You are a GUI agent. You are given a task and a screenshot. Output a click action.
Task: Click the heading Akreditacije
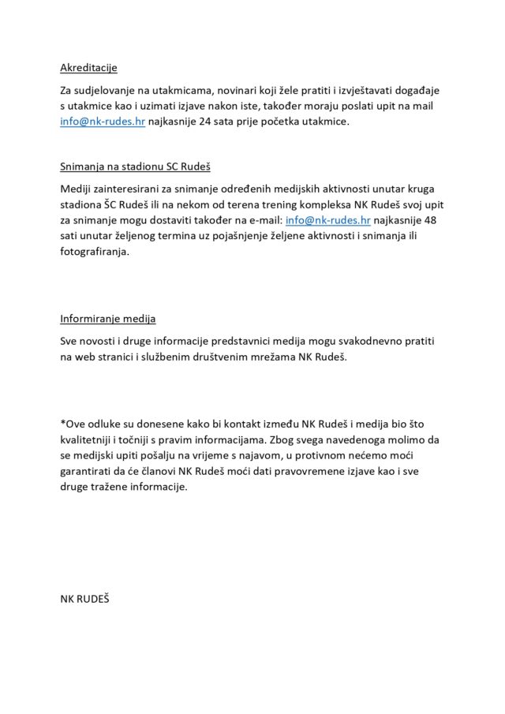coord(88,68)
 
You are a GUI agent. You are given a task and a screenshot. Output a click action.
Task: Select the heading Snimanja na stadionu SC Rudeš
coord(135,167)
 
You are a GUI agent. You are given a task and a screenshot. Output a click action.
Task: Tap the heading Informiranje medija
coord(108,319)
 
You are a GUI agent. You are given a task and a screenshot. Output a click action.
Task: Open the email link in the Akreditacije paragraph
coord(103,122)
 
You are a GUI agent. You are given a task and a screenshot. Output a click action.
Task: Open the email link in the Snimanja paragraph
coord(327,220)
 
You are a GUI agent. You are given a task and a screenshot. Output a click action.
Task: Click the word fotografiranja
coord(93,252)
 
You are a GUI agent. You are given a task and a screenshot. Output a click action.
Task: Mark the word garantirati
coord(92,471)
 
